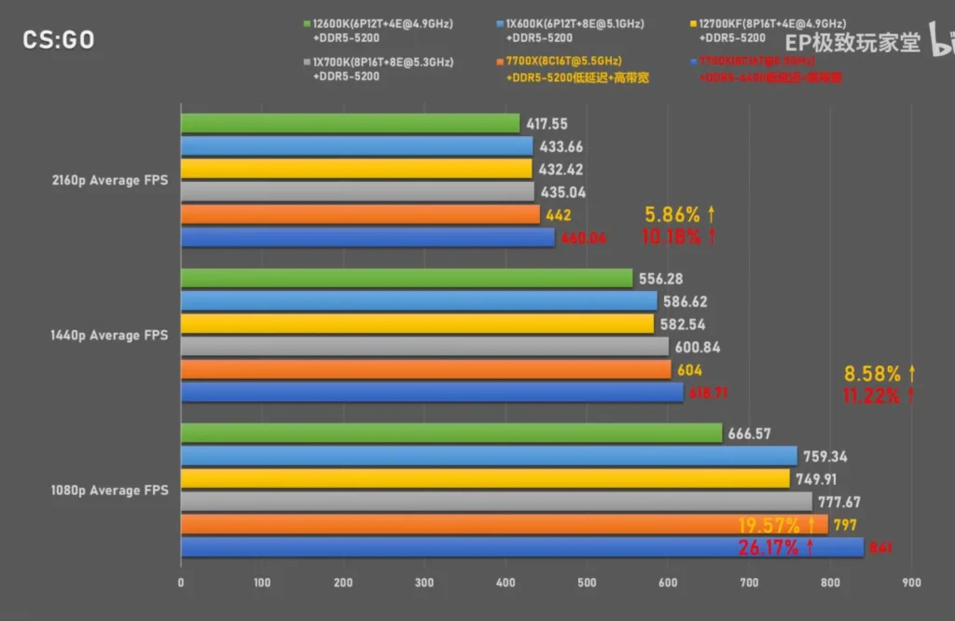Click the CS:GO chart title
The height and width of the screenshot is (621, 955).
[x=58, y=40]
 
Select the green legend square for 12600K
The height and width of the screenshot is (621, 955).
[x=307, y=23]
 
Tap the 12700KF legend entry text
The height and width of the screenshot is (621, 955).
[x=771, y=23]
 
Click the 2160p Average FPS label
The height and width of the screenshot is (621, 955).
[x=109, y=180]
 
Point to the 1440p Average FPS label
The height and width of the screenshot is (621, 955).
[x=109, y=335]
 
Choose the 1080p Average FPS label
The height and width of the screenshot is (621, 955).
[x=109, y=490]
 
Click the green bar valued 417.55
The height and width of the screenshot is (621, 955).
[x=350, y=123]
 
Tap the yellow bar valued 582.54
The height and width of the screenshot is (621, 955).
[x=417, y=324]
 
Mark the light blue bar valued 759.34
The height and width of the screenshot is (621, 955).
[x=489, y=456]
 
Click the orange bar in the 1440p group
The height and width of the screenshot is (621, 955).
[x=425, y=370]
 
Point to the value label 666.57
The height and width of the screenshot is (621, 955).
[x=751, y=434]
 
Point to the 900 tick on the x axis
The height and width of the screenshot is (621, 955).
[x=911, y=583]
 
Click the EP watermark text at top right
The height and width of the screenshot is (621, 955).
[x=851, y=43]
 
